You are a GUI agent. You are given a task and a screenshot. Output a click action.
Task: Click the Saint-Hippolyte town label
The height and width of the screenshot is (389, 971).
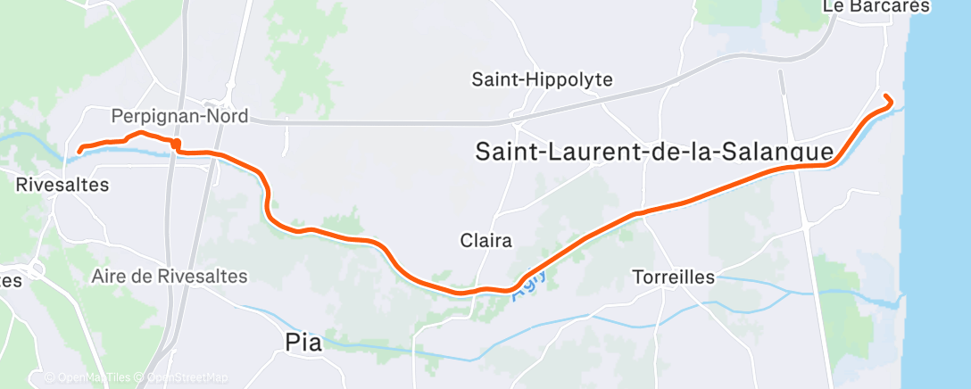[x=542, y=79]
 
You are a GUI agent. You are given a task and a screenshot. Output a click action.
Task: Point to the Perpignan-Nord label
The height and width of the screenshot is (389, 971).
[x=179, y=117]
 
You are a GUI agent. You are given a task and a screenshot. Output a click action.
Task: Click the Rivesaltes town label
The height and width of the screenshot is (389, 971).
[x=62, y=186]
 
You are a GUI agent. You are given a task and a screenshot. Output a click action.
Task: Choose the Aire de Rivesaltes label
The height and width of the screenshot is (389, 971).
[x=169, y=276]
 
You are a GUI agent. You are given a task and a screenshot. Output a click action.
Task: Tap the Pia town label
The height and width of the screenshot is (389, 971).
[x=303, y=341]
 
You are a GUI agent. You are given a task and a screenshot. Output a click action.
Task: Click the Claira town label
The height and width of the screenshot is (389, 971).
[x=485, y=241]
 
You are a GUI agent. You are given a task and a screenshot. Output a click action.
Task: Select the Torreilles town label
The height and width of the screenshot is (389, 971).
[x=673, y=277]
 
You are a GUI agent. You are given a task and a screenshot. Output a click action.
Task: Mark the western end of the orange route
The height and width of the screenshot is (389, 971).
[x=79, y=150]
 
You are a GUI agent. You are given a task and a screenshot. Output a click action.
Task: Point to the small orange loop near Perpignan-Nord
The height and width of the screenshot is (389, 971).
[x=176, y=144]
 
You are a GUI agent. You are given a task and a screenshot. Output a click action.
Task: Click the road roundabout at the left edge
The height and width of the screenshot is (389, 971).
[x=37, y=269]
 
